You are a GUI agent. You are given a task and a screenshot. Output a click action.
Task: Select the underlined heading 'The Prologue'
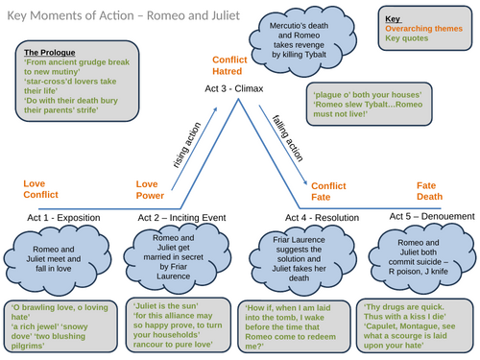50,52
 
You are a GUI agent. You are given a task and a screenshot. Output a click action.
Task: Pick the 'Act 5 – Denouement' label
428,217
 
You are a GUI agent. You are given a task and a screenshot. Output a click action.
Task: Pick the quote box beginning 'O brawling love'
59,323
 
